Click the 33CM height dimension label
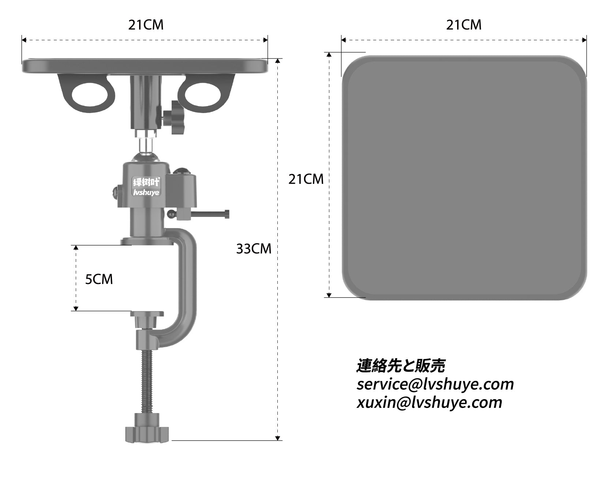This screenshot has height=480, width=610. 254,249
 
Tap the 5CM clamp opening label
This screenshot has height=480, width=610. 99,279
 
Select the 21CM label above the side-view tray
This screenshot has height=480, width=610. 146,25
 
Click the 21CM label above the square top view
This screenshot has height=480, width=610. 464,25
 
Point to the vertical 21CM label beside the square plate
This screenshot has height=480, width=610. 306,179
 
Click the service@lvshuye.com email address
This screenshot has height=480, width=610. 435,384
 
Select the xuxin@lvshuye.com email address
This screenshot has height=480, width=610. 429,402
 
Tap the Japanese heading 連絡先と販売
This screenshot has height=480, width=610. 401,365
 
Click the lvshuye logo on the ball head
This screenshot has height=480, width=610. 146,187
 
